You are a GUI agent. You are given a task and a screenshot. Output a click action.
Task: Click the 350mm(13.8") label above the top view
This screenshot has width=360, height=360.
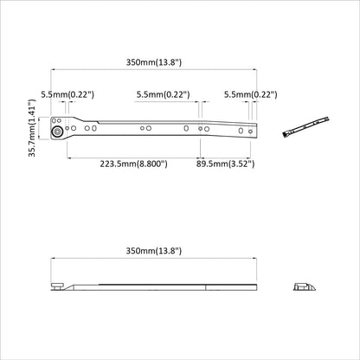154,62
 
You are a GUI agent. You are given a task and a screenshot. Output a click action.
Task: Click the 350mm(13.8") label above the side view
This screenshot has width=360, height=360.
154,250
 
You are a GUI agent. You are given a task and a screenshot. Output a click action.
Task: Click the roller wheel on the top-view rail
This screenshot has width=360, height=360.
56,132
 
